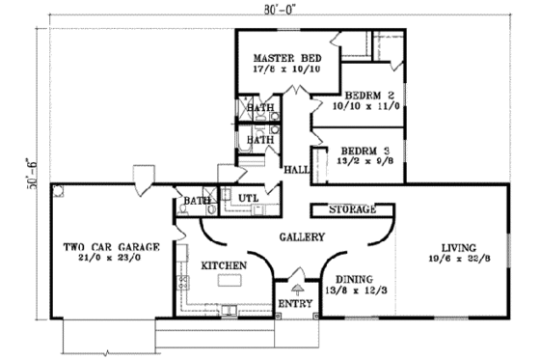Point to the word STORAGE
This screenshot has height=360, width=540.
tap(351, 209)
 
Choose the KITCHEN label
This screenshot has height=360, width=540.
tap(224, 264)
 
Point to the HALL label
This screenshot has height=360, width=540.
tap(295, 171)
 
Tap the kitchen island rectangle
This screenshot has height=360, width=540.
tap(229, 281)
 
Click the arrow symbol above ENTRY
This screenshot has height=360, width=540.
tap(296, 289)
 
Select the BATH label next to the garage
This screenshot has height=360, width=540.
tap(198, 202)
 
